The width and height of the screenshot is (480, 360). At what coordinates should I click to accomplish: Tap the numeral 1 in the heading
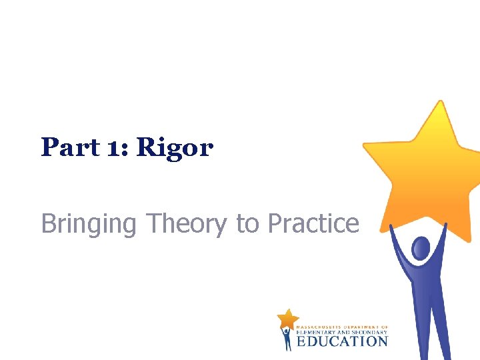click(111, 147)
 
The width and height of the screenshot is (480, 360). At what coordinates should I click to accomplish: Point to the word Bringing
click(89, 225)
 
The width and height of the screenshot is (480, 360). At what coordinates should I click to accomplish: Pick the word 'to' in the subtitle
click(247, 225)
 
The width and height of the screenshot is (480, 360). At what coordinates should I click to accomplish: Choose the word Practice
click(313, 225)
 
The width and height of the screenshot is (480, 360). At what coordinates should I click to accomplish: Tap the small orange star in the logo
click(288, 319)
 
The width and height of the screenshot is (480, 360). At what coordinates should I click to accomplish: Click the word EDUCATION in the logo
click(342, 341)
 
